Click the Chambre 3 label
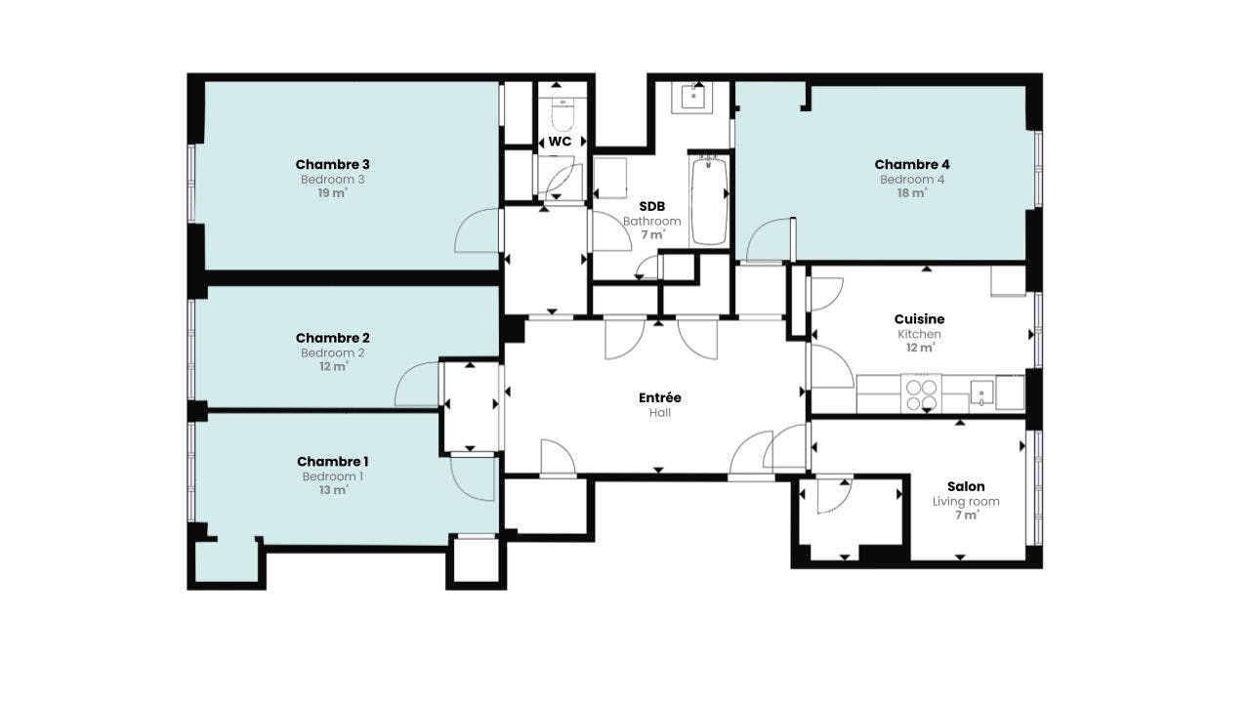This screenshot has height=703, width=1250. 332,165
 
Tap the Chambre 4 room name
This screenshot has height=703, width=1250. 912,165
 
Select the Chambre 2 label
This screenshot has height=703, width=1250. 332,338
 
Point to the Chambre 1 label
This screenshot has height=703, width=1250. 332,462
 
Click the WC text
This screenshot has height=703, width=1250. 560,142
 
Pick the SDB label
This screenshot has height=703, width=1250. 651,206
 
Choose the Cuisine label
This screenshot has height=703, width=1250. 919,319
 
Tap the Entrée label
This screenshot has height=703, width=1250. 659,397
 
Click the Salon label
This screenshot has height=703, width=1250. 966,486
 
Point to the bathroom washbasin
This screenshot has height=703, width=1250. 692,98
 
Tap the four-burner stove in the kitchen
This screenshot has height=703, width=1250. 921,393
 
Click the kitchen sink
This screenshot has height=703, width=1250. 981,393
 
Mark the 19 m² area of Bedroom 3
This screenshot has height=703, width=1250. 333,193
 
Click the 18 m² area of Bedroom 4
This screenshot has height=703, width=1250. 912,193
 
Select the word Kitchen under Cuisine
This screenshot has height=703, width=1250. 919,334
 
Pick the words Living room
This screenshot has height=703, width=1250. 966,502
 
